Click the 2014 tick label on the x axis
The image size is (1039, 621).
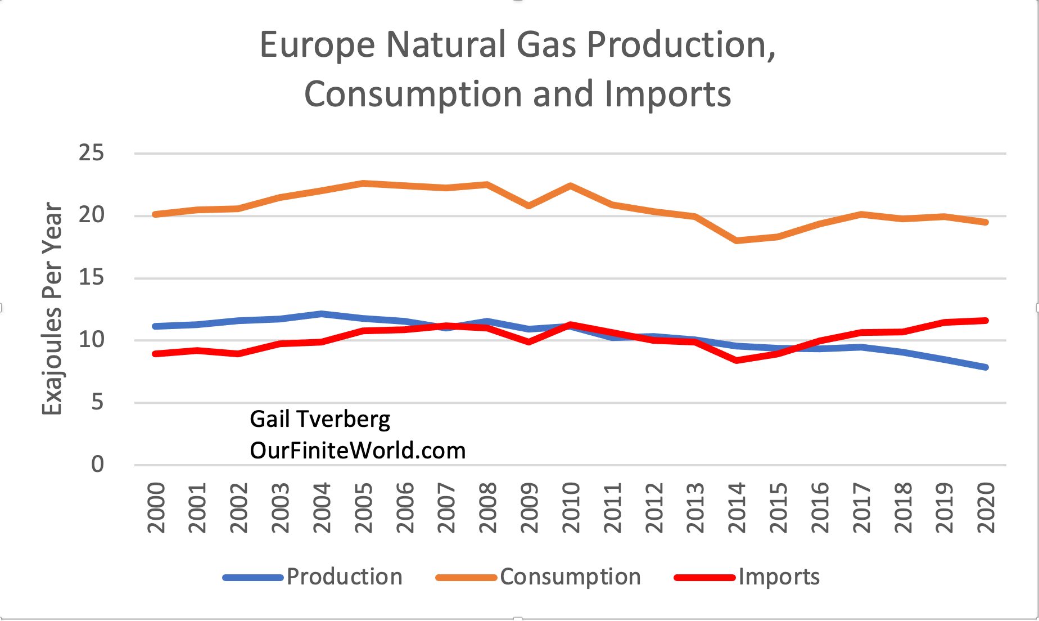point(737,507)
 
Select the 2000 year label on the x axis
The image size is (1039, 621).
point(156,507)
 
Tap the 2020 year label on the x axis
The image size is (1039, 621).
point(986,507)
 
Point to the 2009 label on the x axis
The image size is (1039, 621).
point(530,507)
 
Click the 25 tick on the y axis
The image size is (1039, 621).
point(91,153)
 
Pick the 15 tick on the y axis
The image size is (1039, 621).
point(91,278)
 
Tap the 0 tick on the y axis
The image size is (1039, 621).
point(97,465)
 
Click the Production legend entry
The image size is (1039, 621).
point(344,577)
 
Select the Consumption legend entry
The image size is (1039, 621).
point(570,577)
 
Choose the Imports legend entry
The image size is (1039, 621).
point(779,577)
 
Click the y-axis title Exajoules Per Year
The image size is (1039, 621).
point(52,308)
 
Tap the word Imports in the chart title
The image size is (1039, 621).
point(668,94)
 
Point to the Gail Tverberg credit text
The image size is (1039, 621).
point(320,419)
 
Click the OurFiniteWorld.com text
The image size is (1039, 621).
point(358,451)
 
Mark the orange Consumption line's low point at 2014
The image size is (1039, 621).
point(737,240)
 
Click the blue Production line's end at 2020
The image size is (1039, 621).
point(986,367)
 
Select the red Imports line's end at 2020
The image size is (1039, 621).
point(986,321)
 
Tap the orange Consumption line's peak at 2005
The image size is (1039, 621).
point(364,183)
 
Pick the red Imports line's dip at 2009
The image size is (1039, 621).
point(530,341)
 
